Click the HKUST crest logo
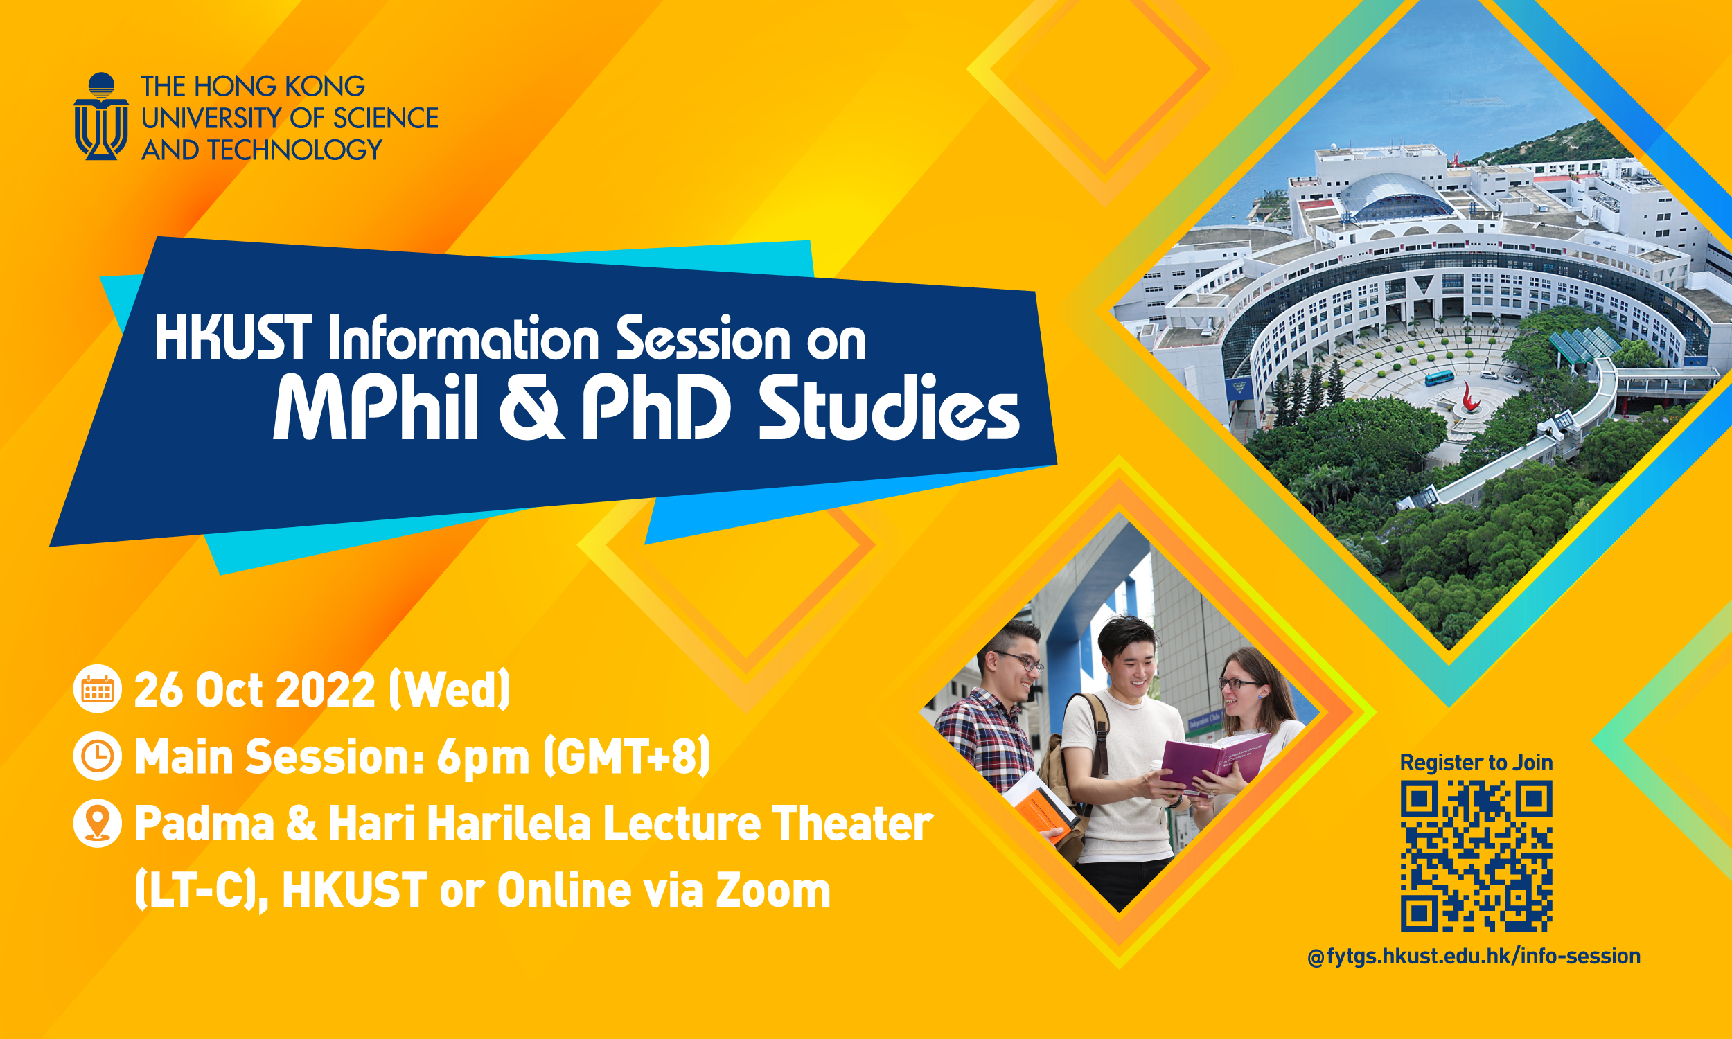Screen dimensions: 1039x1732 coord(101,116)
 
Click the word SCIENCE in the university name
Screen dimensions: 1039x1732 coord(385,118)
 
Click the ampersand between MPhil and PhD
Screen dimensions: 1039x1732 coord(530,408)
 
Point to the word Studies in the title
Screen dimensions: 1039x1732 coord(888,408)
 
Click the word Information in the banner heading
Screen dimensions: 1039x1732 coord(463,339)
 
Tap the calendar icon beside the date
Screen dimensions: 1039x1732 coord(97,690)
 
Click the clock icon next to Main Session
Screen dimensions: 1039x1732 coord(97,756)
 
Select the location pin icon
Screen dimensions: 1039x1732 coord(97,822)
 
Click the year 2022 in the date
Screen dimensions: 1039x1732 coord(326,691)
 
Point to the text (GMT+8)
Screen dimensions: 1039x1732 coord(626,757)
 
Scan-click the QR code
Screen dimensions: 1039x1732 coord(1476,856)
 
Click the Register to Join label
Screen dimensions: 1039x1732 coord(1476,763)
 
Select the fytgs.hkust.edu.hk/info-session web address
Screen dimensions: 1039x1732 coord(1474,957)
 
